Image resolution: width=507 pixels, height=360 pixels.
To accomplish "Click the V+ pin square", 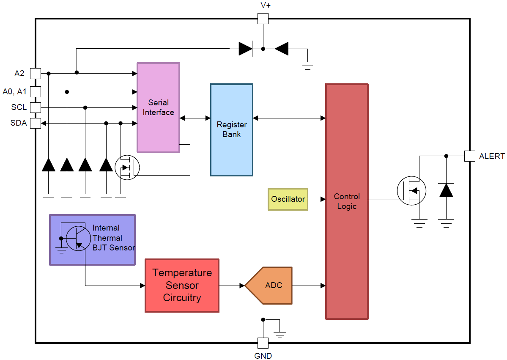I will [263, 18].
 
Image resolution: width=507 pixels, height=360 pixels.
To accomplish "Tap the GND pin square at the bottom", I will [263, 343].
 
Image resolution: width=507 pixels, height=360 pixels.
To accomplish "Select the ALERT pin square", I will [469, 156].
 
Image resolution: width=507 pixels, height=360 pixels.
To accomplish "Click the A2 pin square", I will [36, 73].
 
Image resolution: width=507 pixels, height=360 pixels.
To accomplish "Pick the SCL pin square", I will [36, 107].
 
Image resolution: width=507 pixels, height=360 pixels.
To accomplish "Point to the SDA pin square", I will [36, 123].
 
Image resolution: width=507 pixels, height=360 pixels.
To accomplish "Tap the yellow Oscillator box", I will [288, 199].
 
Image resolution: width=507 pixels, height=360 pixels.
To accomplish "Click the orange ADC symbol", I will [271, 286].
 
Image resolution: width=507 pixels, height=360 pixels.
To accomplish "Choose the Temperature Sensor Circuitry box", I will [182, 286].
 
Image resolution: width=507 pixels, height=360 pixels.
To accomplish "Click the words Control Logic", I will [347, 201].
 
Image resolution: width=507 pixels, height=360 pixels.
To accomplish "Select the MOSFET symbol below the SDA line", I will [127, 168].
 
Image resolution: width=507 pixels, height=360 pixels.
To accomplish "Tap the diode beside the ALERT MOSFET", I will [446, 190].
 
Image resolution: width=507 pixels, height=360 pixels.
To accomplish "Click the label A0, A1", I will [14, 91].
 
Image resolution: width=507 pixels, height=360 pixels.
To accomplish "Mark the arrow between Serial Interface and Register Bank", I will [195, 118].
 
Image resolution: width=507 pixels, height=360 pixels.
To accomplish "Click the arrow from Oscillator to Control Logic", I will [317, 199].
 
